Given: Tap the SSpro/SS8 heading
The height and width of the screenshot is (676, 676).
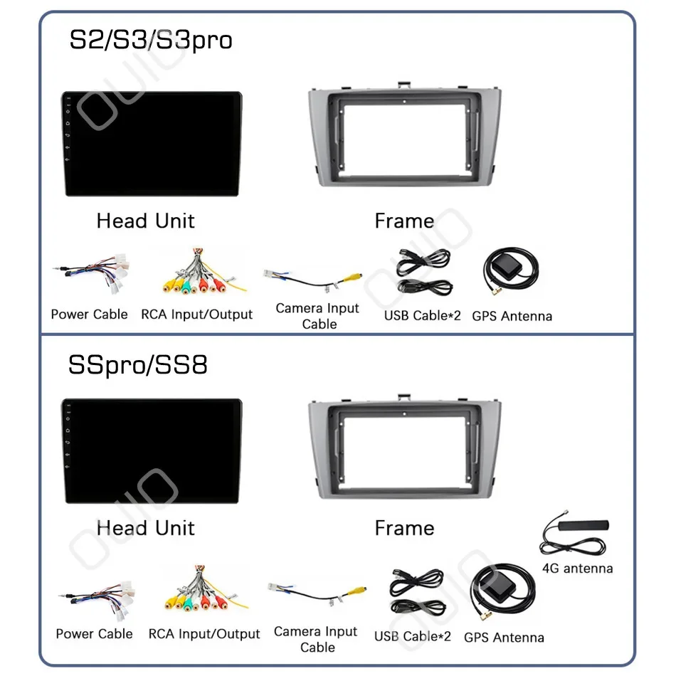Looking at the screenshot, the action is pyautogui.click(x=138, y=365).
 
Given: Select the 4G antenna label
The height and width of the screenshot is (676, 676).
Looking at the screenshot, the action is pyautogui.click(x=577, y=569).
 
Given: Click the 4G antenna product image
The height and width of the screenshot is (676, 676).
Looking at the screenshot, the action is pyautogui.click(x=575, y=534).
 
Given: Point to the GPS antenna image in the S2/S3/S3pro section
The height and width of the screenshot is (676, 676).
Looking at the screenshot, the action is pyautogui.click(x=512, y=270).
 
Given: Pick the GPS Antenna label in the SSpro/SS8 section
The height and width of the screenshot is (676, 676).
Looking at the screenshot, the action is pyautogui.click(x=504, y=638).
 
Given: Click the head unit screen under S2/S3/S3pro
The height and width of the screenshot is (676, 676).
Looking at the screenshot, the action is pyautogui.click(x=152, y=144).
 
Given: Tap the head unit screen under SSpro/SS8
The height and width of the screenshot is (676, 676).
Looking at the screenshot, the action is pyautogui.click(x=152, y=451).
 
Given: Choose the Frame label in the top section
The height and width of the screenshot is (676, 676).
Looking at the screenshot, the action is pyautogui.click(x=404, y=221).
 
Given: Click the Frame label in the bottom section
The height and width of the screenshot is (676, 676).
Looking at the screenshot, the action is pyautogui.click(x=404, y=528).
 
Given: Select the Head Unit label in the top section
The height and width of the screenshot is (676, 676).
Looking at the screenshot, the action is pyautogui.click(x=146, y=221).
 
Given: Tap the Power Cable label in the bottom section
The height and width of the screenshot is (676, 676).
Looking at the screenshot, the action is pyautogui.click(x=95, y=634).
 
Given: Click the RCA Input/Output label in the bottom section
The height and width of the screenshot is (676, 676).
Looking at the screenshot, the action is pyautogui.click(x=204, y=634).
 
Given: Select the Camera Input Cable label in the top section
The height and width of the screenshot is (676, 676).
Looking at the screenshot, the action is pyautogui.click(x=318, y=316).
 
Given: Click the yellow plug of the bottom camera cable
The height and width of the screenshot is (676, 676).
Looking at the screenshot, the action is pyautogui.click(x=359, y=591).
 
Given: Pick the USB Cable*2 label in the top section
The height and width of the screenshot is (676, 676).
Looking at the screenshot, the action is pyautogui.click(x=423, y=315).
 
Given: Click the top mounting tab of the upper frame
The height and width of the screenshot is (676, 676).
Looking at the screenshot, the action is pyautogui.click(x=404, y=85).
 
